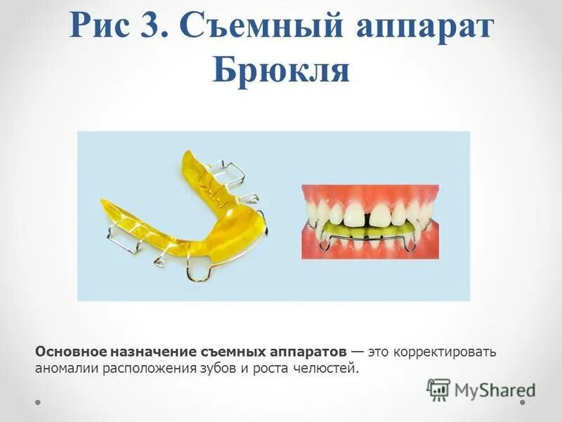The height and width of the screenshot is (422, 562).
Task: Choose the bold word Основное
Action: coord(69,351)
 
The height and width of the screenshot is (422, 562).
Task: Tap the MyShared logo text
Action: coord(495,389)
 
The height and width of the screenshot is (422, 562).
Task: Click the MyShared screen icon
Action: coord(438,389)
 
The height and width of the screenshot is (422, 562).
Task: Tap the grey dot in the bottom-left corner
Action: coord(38,403)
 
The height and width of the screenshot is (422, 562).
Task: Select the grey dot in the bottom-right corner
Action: coord(523,403)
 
